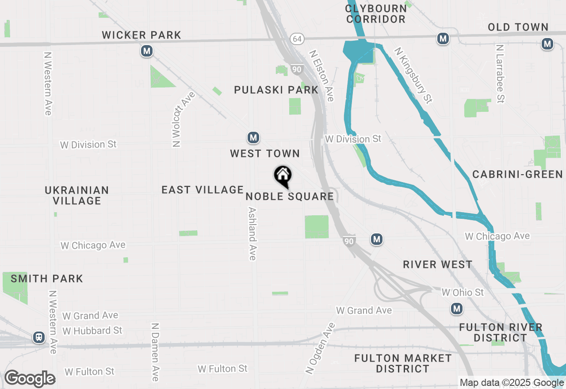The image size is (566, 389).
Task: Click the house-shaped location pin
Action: point(283,176)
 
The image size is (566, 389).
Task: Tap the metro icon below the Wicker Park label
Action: point(147,51)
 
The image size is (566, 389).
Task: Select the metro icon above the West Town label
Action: point(253,137)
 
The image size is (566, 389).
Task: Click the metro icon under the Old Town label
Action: point(547,44)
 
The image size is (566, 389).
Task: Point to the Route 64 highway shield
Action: point(297,39)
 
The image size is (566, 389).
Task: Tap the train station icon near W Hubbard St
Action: point(39,337)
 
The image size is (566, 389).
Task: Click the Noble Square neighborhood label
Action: point(290,196)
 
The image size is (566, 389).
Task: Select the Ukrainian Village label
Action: point(77,195)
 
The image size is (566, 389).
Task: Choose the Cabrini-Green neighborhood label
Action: point(517,174)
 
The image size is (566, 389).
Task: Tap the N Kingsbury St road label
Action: point(413,76)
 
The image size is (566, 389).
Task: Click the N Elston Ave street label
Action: point(321,76)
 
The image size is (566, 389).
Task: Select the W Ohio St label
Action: point(463,292)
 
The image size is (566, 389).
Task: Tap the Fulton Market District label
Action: point(403,363)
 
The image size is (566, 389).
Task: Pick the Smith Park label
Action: point(47,278)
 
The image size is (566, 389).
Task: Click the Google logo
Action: point(30,379)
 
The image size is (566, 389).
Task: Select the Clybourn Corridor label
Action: point(376,14)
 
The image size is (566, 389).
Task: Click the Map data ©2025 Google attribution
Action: point(511,383)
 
